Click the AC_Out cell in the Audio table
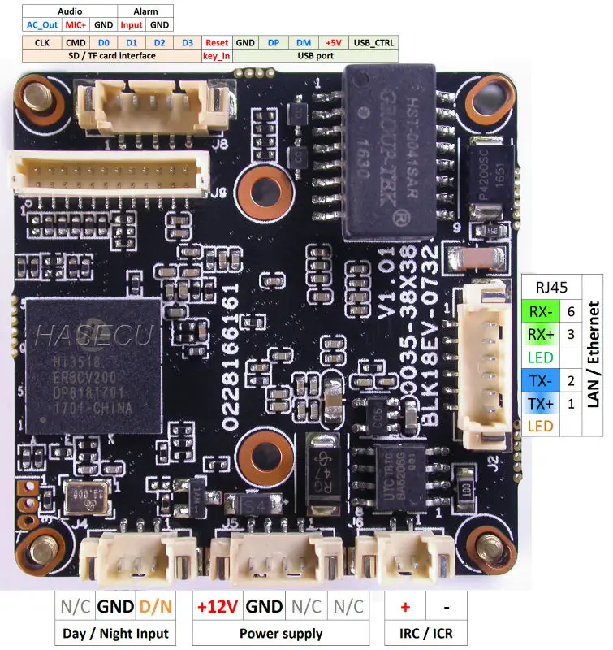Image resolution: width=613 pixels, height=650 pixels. coord(42,25)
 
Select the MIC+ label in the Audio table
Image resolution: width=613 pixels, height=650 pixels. coord(76,25)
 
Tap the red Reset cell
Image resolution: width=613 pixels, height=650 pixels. coord(217,42)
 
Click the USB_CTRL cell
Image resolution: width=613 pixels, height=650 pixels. coord(373,42)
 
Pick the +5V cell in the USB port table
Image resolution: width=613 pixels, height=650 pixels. coord(333,42)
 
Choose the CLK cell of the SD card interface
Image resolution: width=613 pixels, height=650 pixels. coord(41,42)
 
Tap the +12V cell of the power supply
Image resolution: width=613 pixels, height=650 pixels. coord(218,606)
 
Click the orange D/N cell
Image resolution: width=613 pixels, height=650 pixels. coord(154,606)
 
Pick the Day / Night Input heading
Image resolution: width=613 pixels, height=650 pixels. coord(116,633)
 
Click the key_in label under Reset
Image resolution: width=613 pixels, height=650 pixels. coord(217,56)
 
